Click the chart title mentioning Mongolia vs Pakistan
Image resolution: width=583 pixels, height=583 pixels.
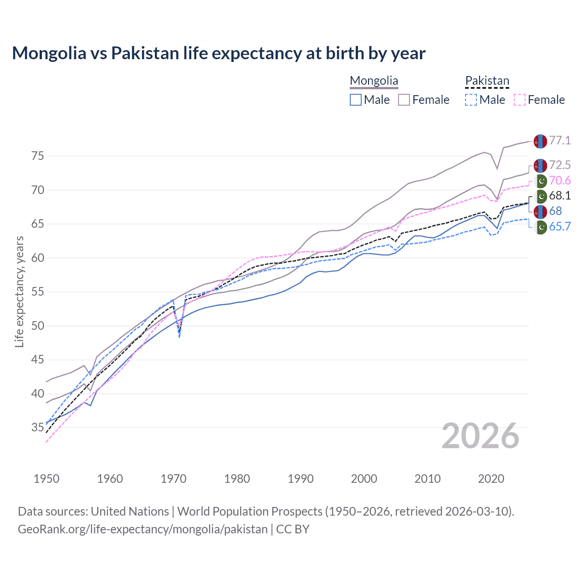pyautogui.click(x=219, y=53)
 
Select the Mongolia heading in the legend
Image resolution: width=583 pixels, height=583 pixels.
pyautogui.click(x=374, y=81)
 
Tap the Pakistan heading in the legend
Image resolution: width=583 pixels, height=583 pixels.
pyautogui.click(x=487, y=81)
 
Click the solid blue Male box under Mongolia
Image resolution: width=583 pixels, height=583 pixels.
pyautogui.click(x=356, y=100)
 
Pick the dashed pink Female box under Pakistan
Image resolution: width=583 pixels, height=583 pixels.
pyautogui.click(x=520, y=100)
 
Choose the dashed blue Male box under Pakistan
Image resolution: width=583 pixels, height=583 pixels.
pyautogui.click(x=471, y=100)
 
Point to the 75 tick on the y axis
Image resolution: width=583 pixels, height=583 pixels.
pyautogui.click(x=38, y=156)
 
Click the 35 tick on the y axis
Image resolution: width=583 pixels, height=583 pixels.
pyautogui.click(x=38, y=428)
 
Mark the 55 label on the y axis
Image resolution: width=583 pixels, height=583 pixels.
pyautogui.click(x=38, y=292)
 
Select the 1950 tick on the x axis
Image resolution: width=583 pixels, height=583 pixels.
pyautogui.click(x=46, y=479)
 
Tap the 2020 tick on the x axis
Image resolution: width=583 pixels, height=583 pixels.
pyautogui.click(x=491, y=479)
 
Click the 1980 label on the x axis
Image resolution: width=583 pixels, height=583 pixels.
pyautogui.click(x=237, y=479)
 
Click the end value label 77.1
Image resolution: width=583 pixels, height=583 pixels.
pyautogui.click(x=560, y=140)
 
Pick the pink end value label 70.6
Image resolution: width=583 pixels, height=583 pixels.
pyautogui.click(x=560, y=181)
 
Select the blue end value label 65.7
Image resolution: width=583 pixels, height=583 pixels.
pyautogui.click(x=560, y=227)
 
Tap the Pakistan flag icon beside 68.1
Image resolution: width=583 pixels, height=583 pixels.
pyautogui.click(x=540, y=196)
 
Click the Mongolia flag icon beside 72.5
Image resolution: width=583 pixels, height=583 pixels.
pyautogui.click(x=540, y=166)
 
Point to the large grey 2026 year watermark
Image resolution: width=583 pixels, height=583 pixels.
pyautogui.click(x=481, y=436)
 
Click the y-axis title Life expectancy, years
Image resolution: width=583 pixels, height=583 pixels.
pyautogui.click(x=19, y=291)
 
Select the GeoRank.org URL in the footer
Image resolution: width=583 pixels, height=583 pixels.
pyautogui.click(x=143, y=529)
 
